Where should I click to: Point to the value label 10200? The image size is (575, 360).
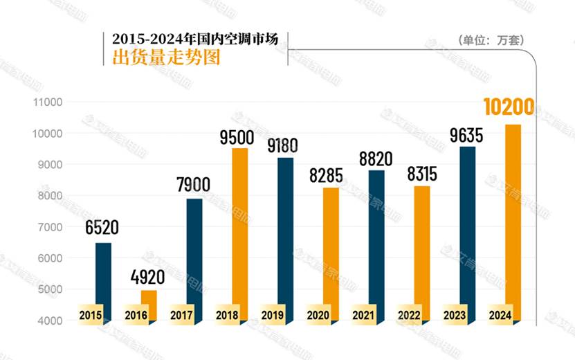point(509,108)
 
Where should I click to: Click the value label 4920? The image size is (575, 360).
point(148,278)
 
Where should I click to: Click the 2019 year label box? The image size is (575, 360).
point(273,315)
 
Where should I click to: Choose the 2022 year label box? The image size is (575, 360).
point(409,315)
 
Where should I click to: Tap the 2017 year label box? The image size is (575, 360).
point(181,315)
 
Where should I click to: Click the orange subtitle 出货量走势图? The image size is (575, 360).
point(166,57)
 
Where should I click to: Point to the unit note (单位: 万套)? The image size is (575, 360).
point(491,40)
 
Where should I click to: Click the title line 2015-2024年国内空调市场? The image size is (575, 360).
point(194,39)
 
